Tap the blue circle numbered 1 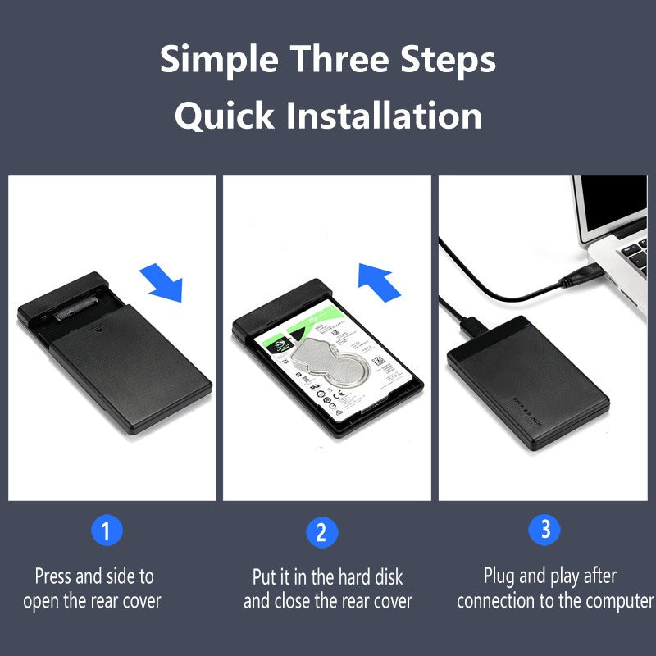tap(107, 531)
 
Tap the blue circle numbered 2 tap(321, 532)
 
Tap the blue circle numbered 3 tap(545, 529)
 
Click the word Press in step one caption tap(53, 576)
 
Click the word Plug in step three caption tap(500, 576)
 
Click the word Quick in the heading tap(225, 116)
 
